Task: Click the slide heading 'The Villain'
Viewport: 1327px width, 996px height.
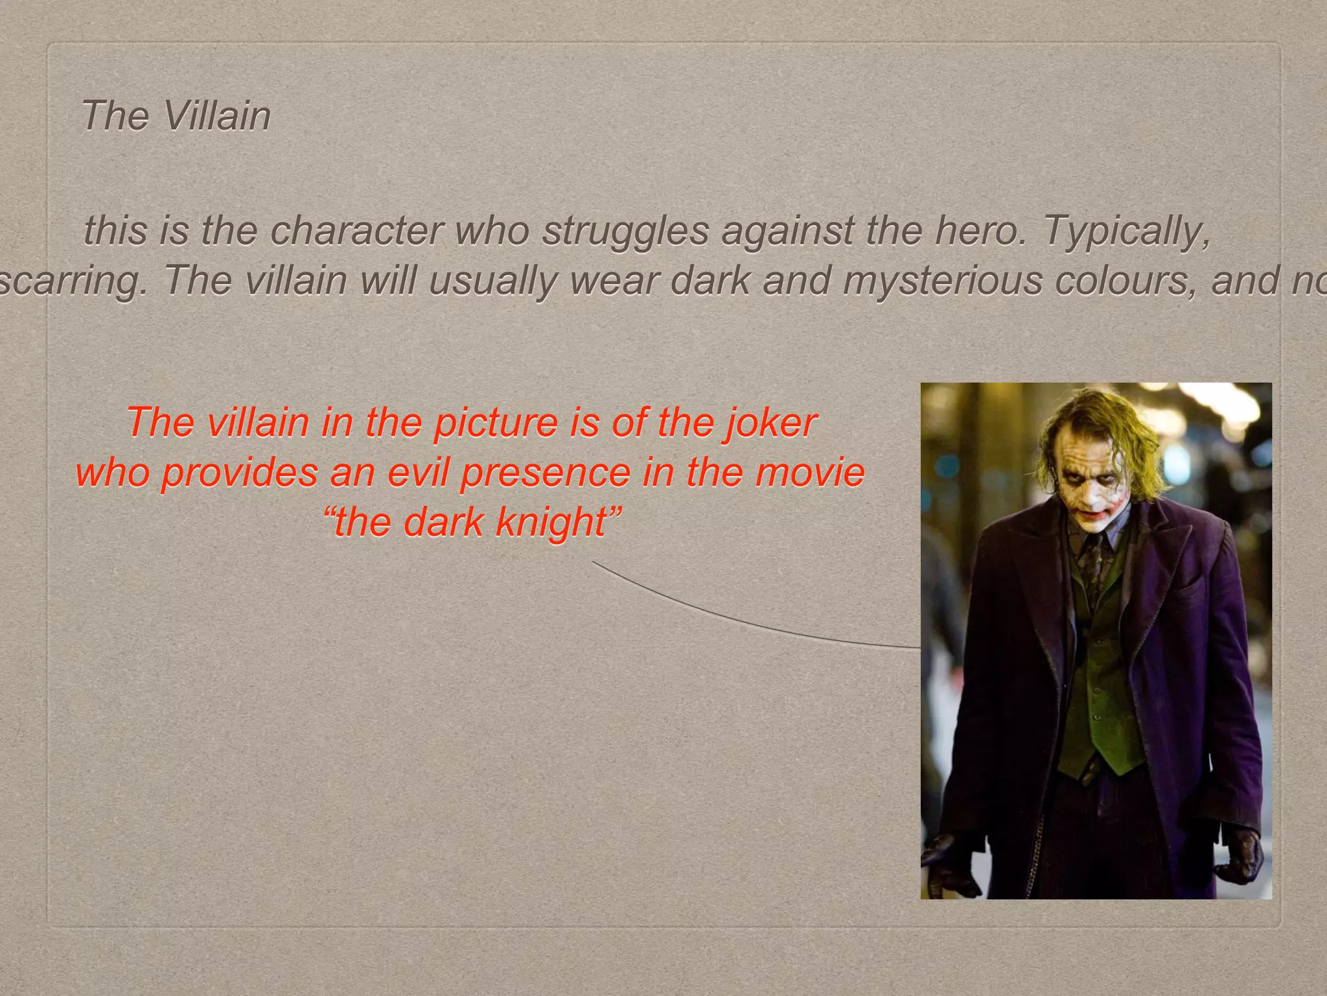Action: tap(176, 116)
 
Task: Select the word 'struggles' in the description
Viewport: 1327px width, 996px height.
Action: tap(625, 230)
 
